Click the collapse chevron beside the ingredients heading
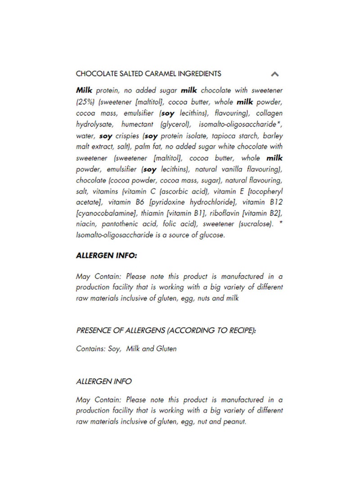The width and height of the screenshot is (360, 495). tap(275, 74)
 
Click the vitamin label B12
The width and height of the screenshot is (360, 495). tap(274, 202)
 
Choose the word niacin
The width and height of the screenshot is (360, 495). tap(85, 224)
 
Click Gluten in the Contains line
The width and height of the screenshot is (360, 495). tap(166, 349)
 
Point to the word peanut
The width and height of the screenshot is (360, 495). tap(235, 422)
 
